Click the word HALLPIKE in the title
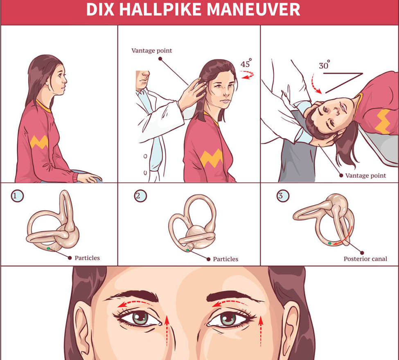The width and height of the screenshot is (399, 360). (161, 9)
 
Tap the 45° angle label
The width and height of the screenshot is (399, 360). (246, 63)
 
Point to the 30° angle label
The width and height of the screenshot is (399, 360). (325, 65)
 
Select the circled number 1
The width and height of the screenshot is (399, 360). (17, 196)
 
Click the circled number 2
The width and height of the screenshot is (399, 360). (140, 196)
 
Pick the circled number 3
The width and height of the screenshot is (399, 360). (283, 196)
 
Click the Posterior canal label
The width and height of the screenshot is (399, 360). (365, 259)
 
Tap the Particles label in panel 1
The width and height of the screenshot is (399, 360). (87, 258)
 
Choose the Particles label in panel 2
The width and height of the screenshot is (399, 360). (225, 259)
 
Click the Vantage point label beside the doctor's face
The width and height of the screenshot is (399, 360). (152, 51)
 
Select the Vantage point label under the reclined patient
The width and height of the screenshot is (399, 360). (366, 175)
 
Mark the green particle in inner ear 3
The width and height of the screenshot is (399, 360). (330, 244)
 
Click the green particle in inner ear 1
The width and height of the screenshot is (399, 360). (48, 248)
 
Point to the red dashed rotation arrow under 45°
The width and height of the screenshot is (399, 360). (247, 75)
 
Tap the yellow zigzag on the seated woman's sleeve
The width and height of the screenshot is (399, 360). (39, 142)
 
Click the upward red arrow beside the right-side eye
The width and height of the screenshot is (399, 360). (261, 331)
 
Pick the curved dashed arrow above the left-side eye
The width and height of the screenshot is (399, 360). (135, 303)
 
